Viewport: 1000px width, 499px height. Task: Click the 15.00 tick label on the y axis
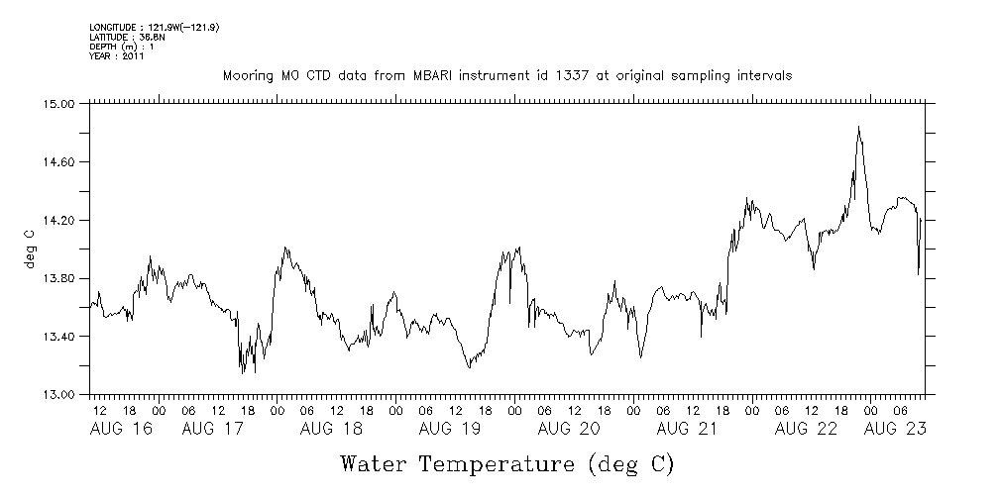pos(60,103)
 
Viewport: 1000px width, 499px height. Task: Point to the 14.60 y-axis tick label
pos(60,161)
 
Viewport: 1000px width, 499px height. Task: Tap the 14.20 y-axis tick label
pos(60,220)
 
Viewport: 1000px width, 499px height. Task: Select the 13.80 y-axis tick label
pos(60,278)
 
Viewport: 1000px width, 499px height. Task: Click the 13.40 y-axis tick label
pos(60,337)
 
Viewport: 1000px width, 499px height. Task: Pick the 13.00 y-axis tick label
pos(60,395)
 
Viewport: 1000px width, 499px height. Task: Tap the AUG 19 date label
pos(450,429)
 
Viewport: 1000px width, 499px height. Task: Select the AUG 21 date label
pos(687,429)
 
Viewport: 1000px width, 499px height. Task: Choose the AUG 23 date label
pos(896,429)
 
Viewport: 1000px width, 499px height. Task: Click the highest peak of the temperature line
pos(858,128)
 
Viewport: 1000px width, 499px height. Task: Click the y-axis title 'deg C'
pos(29,249)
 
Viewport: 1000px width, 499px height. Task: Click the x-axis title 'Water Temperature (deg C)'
pos(506,463)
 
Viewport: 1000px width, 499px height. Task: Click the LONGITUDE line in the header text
pos(154,27)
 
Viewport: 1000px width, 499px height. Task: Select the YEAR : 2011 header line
pos(117,56)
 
